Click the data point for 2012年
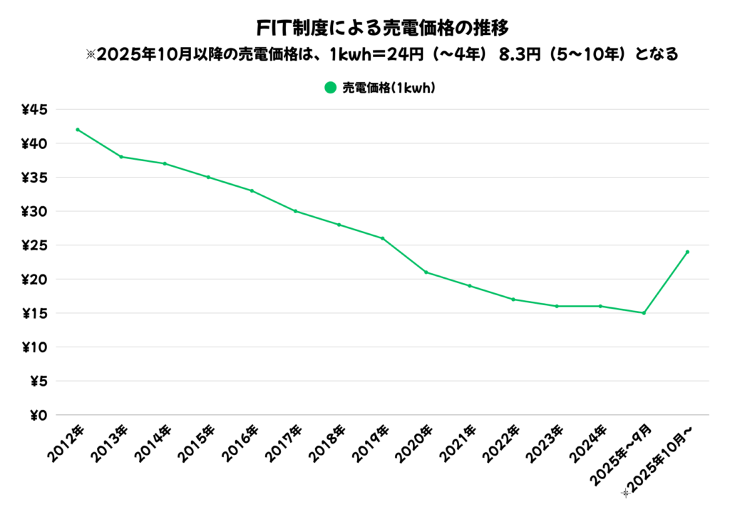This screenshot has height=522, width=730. click(77, 130)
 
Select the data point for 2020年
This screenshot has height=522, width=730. click(426, 272)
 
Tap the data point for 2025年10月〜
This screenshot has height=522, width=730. click(687, 252)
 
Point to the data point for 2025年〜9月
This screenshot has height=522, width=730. click(644, 313)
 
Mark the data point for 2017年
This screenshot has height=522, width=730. click(295, 211)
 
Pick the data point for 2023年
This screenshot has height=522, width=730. click(557, 306)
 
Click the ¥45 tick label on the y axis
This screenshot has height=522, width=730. click(34, 110)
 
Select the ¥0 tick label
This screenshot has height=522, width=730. click(38, 415)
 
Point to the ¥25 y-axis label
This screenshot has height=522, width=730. click(34, 245)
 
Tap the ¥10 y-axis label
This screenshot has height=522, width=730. click(34, 347)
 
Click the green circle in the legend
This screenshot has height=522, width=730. click(330, 88)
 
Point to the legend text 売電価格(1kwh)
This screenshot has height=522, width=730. click(389, 88)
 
